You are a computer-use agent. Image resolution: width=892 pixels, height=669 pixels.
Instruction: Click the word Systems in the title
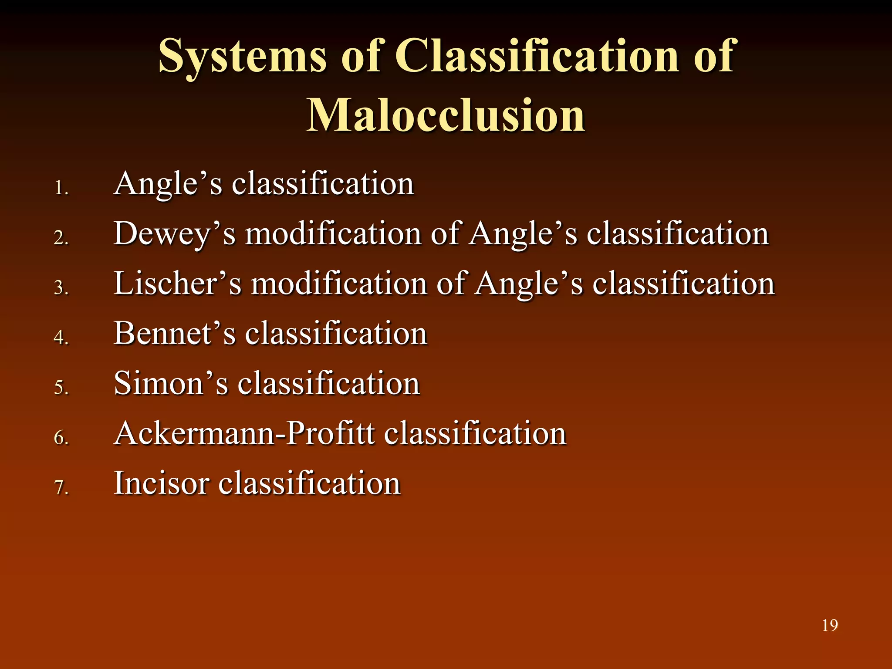coord(242,57)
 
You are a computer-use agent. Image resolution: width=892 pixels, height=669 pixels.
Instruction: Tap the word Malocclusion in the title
coord(446,115)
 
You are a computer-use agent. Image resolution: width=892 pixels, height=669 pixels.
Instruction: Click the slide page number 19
coord(830,625)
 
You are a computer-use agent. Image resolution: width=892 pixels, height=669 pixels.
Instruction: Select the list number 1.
coord(61,189)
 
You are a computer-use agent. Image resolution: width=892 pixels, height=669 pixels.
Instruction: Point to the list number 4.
coord(61,338)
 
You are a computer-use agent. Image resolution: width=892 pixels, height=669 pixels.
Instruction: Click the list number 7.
coord(61,487)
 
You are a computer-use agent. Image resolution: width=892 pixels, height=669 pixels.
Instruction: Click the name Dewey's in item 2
coord(174,234)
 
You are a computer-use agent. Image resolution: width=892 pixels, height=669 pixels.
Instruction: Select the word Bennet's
coord(174,334)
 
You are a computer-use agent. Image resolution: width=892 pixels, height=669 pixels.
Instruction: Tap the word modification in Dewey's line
coord(333,234)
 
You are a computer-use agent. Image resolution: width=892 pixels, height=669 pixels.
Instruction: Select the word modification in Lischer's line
coord(339,284)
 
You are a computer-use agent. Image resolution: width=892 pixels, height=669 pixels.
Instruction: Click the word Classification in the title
coord(536,57)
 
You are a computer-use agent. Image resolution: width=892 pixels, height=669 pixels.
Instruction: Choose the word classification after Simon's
coord(328,384)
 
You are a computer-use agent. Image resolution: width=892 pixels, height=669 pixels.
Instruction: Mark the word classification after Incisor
coord(309,483)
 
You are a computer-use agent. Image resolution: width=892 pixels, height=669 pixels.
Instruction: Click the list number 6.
coord(61,437)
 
